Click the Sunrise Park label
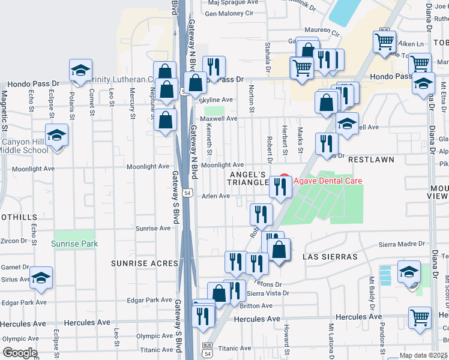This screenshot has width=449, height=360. (x=75, y=244)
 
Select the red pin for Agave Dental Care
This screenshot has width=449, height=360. (x=285, y=179)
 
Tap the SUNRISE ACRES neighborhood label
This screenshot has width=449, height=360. (x=144, y=263)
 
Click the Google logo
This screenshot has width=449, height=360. (x=20, y=353)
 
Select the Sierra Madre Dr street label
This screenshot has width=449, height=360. (x=402, y=244)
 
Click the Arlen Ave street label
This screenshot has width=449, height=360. (x=216, y=196)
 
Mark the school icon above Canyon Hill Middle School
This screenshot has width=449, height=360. (x=57, y=135)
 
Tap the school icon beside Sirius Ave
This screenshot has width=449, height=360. (x=41, y=278)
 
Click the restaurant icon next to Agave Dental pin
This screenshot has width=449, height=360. (x=280, y=187)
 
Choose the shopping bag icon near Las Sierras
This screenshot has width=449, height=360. (x=279, y=250)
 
